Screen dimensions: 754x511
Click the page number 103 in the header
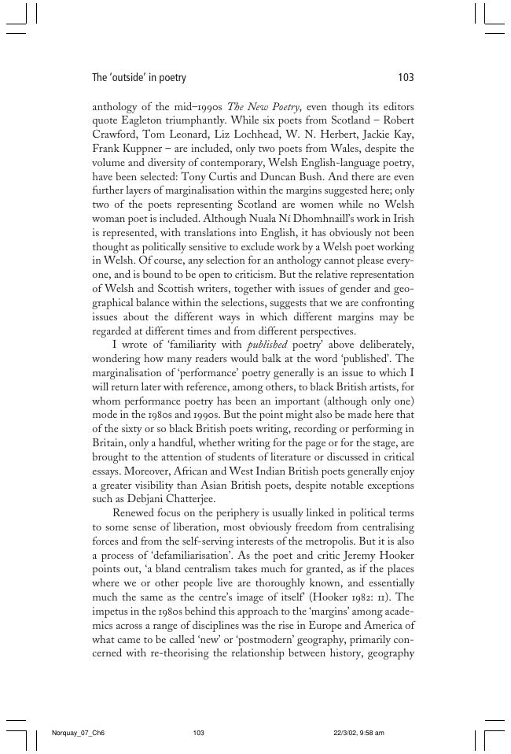[406, 78]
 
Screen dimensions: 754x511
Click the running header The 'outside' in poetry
[139, 78]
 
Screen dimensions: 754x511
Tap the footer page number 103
[198, 733]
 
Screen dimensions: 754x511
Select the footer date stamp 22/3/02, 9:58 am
[358, 733]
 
